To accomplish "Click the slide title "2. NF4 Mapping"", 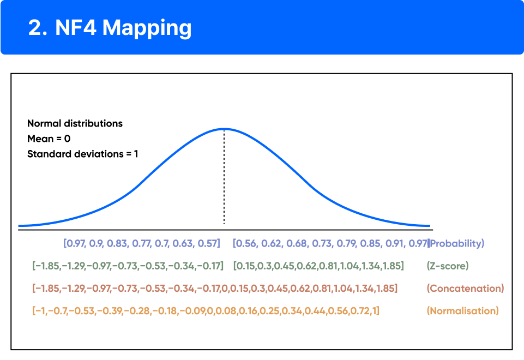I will pyautogui.click(x=110, y=28).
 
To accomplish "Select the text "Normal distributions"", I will pyautogui.click(x=75, y=123).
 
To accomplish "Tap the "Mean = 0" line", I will pyautogui.click(x=49, y=139).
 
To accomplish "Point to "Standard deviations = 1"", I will pyautogui.click(x=82, y=154).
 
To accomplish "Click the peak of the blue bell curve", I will pyautogui.click(x=224, y=129).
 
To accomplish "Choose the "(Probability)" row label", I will pyautogui.click(x=457, y=243).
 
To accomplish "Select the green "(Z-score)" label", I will pyautogui.click(x=447, y=266).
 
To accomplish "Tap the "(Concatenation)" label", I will pyautogui.click(x=465, y=288).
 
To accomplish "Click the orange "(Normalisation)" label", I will pyautogui.click(x=462, y=311).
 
